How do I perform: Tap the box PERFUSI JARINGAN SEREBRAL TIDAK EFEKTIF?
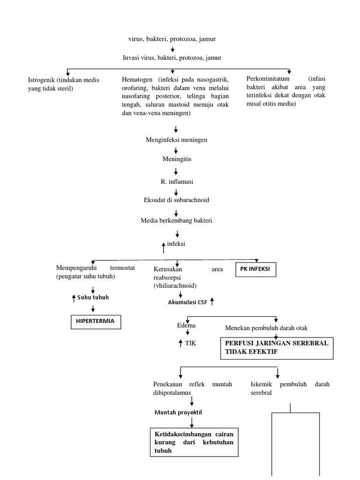[277, 347]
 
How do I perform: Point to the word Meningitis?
[177, 159]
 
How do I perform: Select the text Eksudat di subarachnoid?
[176, 200]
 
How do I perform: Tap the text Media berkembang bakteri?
[176, 220]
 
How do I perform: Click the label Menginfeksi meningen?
[176, 140]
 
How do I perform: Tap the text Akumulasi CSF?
[187, 302]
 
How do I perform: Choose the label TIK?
[190, 343]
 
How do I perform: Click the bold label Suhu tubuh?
[93, 297]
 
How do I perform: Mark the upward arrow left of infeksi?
[163, 247]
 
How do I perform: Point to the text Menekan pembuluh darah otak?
[266, 328]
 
